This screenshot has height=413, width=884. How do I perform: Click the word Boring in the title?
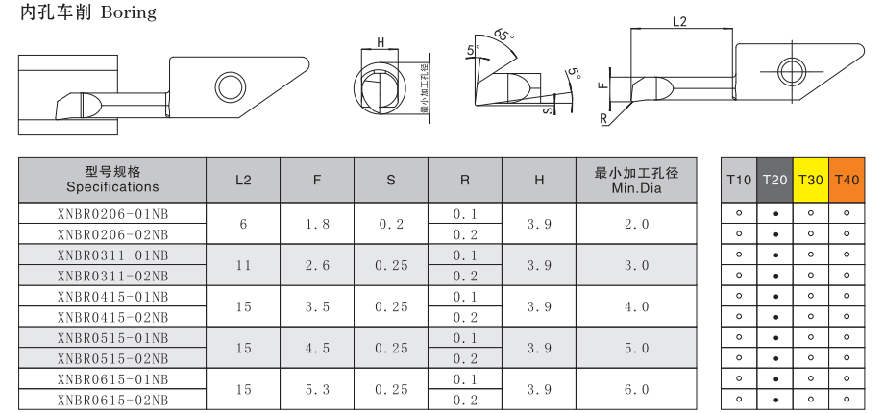[x=128, y=12]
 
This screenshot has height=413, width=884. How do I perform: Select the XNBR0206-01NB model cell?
[x=112, y=213]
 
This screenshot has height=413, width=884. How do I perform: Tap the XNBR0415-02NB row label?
[x=112, y=317]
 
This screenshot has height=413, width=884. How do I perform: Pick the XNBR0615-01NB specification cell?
[x=112, y=379]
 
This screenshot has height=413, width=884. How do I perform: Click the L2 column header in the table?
[x=243, y=180]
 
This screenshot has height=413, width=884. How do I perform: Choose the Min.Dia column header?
[x=636, y=180]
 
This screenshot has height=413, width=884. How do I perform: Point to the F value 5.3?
[x=317, y=389]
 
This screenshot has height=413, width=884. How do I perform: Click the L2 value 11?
[x=243, y=265]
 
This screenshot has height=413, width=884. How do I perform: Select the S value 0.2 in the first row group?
[x=391, y=224]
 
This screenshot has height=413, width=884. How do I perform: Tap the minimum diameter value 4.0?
[x=636, y=307]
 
